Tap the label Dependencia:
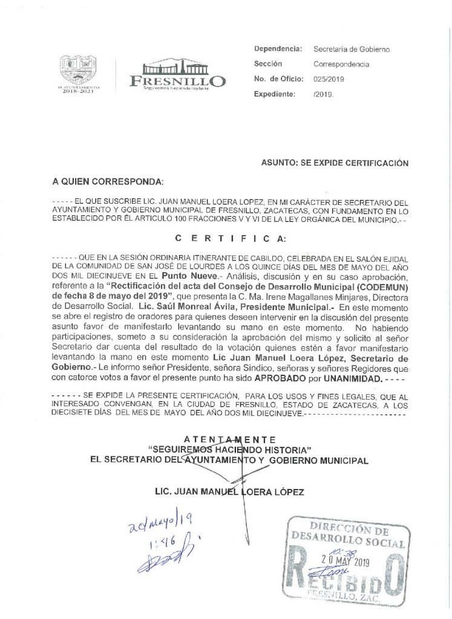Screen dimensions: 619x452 coord(278,48)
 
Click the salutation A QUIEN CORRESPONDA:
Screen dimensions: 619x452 coord(108,181)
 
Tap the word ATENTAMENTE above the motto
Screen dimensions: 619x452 coord(229,439)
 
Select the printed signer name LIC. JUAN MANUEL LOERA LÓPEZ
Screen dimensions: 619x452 coord(229,492)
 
